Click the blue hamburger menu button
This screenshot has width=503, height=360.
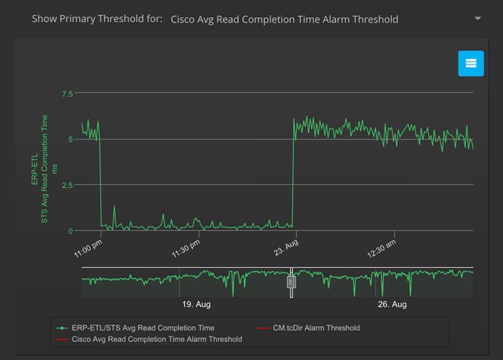point(471,63)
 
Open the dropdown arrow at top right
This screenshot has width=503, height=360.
point(477,19)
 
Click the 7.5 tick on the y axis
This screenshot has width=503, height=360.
point(67,94)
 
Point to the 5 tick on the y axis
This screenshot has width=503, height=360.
point(70,140)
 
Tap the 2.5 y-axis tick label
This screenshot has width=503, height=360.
point(67,186)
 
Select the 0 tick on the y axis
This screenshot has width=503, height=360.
point(70,232)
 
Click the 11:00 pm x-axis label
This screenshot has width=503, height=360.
point(88,249)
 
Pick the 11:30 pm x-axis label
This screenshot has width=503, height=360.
point(185,249)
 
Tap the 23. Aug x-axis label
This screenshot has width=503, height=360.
point(285,248)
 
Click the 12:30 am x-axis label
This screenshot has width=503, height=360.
point(381,249)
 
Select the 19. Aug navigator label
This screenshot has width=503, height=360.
point(196,304)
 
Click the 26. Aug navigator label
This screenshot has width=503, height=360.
point(392,304)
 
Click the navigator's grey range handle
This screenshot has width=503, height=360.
point(291,282)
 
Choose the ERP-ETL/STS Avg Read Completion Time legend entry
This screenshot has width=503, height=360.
point(143,328)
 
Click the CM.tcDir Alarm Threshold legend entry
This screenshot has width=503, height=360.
point(316,328)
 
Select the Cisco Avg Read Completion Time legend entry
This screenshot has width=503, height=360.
point(156,340)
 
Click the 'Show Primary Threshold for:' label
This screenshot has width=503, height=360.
point(97,19)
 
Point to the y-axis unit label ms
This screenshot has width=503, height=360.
point(54,169)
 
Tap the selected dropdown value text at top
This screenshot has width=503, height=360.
point(284,20)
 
